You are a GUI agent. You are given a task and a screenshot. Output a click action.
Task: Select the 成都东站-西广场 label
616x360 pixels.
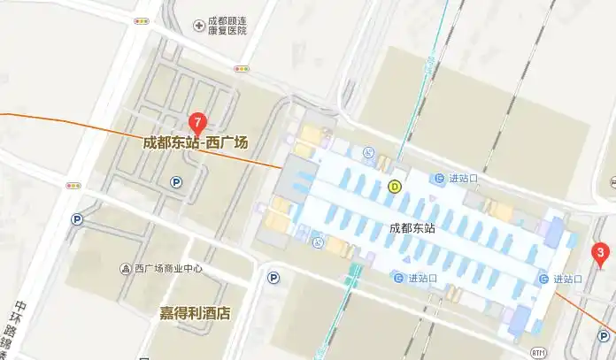click(196, 142)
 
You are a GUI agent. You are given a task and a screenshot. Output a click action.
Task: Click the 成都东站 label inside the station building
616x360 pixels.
click(412, 228)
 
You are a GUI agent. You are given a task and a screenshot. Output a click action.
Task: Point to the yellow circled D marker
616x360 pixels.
click(395, 186)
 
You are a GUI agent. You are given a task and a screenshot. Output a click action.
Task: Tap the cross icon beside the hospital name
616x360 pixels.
click(198, 25)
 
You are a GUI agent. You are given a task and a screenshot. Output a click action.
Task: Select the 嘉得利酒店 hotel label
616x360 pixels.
click(195, 313)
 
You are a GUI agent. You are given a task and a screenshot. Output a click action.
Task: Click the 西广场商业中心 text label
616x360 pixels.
click(168, 269)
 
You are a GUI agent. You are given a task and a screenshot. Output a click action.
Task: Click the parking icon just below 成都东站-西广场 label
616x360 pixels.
click(175, 182)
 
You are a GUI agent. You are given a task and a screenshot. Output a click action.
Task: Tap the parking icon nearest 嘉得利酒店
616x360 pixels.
click(273, 278)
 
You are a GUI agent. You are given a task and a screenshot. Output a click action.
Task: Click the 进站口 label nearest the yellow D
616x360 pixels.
click(457, 179)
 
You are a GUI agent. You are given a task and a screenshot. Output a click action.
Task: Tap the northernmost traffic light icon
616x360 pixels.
click(141, 20)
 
